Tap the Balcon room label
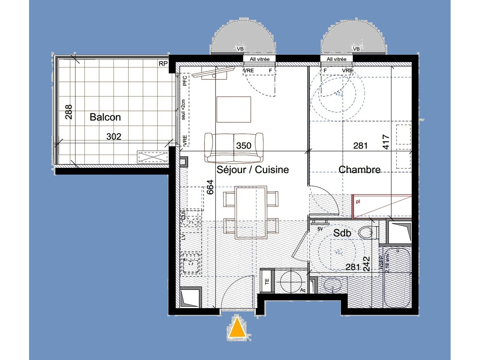click(105, 117)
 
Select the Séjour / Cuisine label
click(252, 169)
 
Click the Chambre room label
click(359, 169)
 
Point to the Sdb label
click(342, 233)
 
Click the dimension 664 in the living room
click(210, 187)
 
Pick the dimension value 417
click(386, 142)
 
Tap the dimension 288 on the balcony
click(69, 112)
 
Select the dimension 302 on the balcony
click(114, 137)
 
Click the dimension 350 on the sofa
click(243, 146)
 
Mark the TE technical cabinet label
click(267, 282)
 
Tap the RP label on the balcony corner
click(163, 64)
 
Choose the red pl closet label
click(358, 202)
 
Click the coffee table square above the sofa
click(234, 109)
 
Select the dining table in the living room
click(251, 212)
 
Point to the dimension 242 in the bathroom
click(366, 264)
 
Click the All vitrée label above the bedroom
click(337, 59)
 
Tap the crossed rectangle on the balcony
click(153, 157)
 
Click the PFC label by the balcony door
click(185, 81)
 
